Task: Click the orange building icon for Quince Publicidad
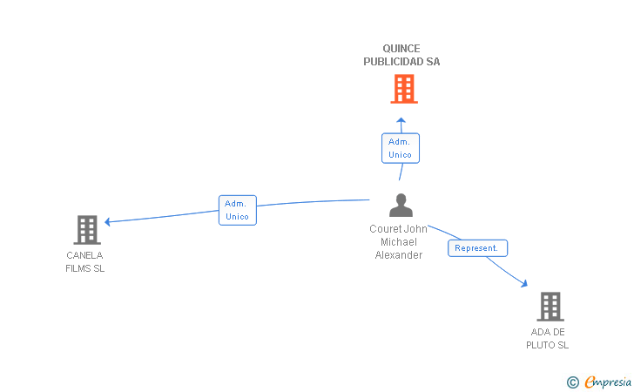pos(404,89)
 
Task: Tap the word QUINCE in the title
pos(401,49)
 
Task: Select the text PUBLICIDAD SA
pos(401,62)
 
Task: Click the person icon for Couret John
pos(401,205)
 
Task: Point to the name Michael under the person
pos(399,242)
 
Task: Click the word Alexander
pos(399,255)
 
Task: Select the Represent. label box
pos(477,248)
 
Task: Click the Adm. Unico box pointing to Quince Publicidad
pos(401,148)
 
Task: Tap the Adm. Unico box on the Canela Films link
pos(238,210)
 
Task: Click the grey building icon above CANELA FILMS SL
pos(87,230)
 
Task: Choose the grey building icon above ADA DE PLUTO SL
pos(550,307)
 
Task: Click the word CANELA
pos(84,255)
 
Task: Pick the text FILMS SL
pos(85,268)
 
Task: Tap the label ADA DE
pos(548,332)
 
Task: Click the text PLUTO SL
pos(547,345)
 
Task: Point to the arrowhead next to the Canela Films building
pos(107,221)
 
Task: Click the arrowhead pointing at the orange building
pos(401,120)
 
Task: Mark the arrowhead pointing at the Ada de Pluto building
pos(524,284)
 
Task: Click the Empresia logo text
pos(608,382)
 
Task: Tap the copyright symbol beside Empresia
pos(573,382)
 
